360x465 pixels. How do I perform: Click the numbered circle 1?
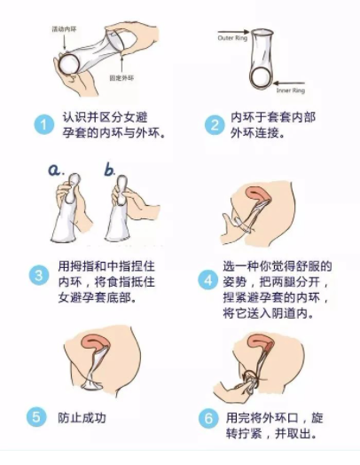click(x=43, y=124)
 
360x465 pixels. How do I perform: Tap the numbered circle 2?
click(x=213, y=124)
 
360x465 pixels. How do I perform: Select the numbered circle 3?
click(x=38, y=274)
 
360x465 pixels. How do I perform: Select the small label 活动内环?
click(x=65, y=29)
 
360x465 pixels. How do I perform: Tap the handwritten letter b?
click(x=109, y=168)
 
